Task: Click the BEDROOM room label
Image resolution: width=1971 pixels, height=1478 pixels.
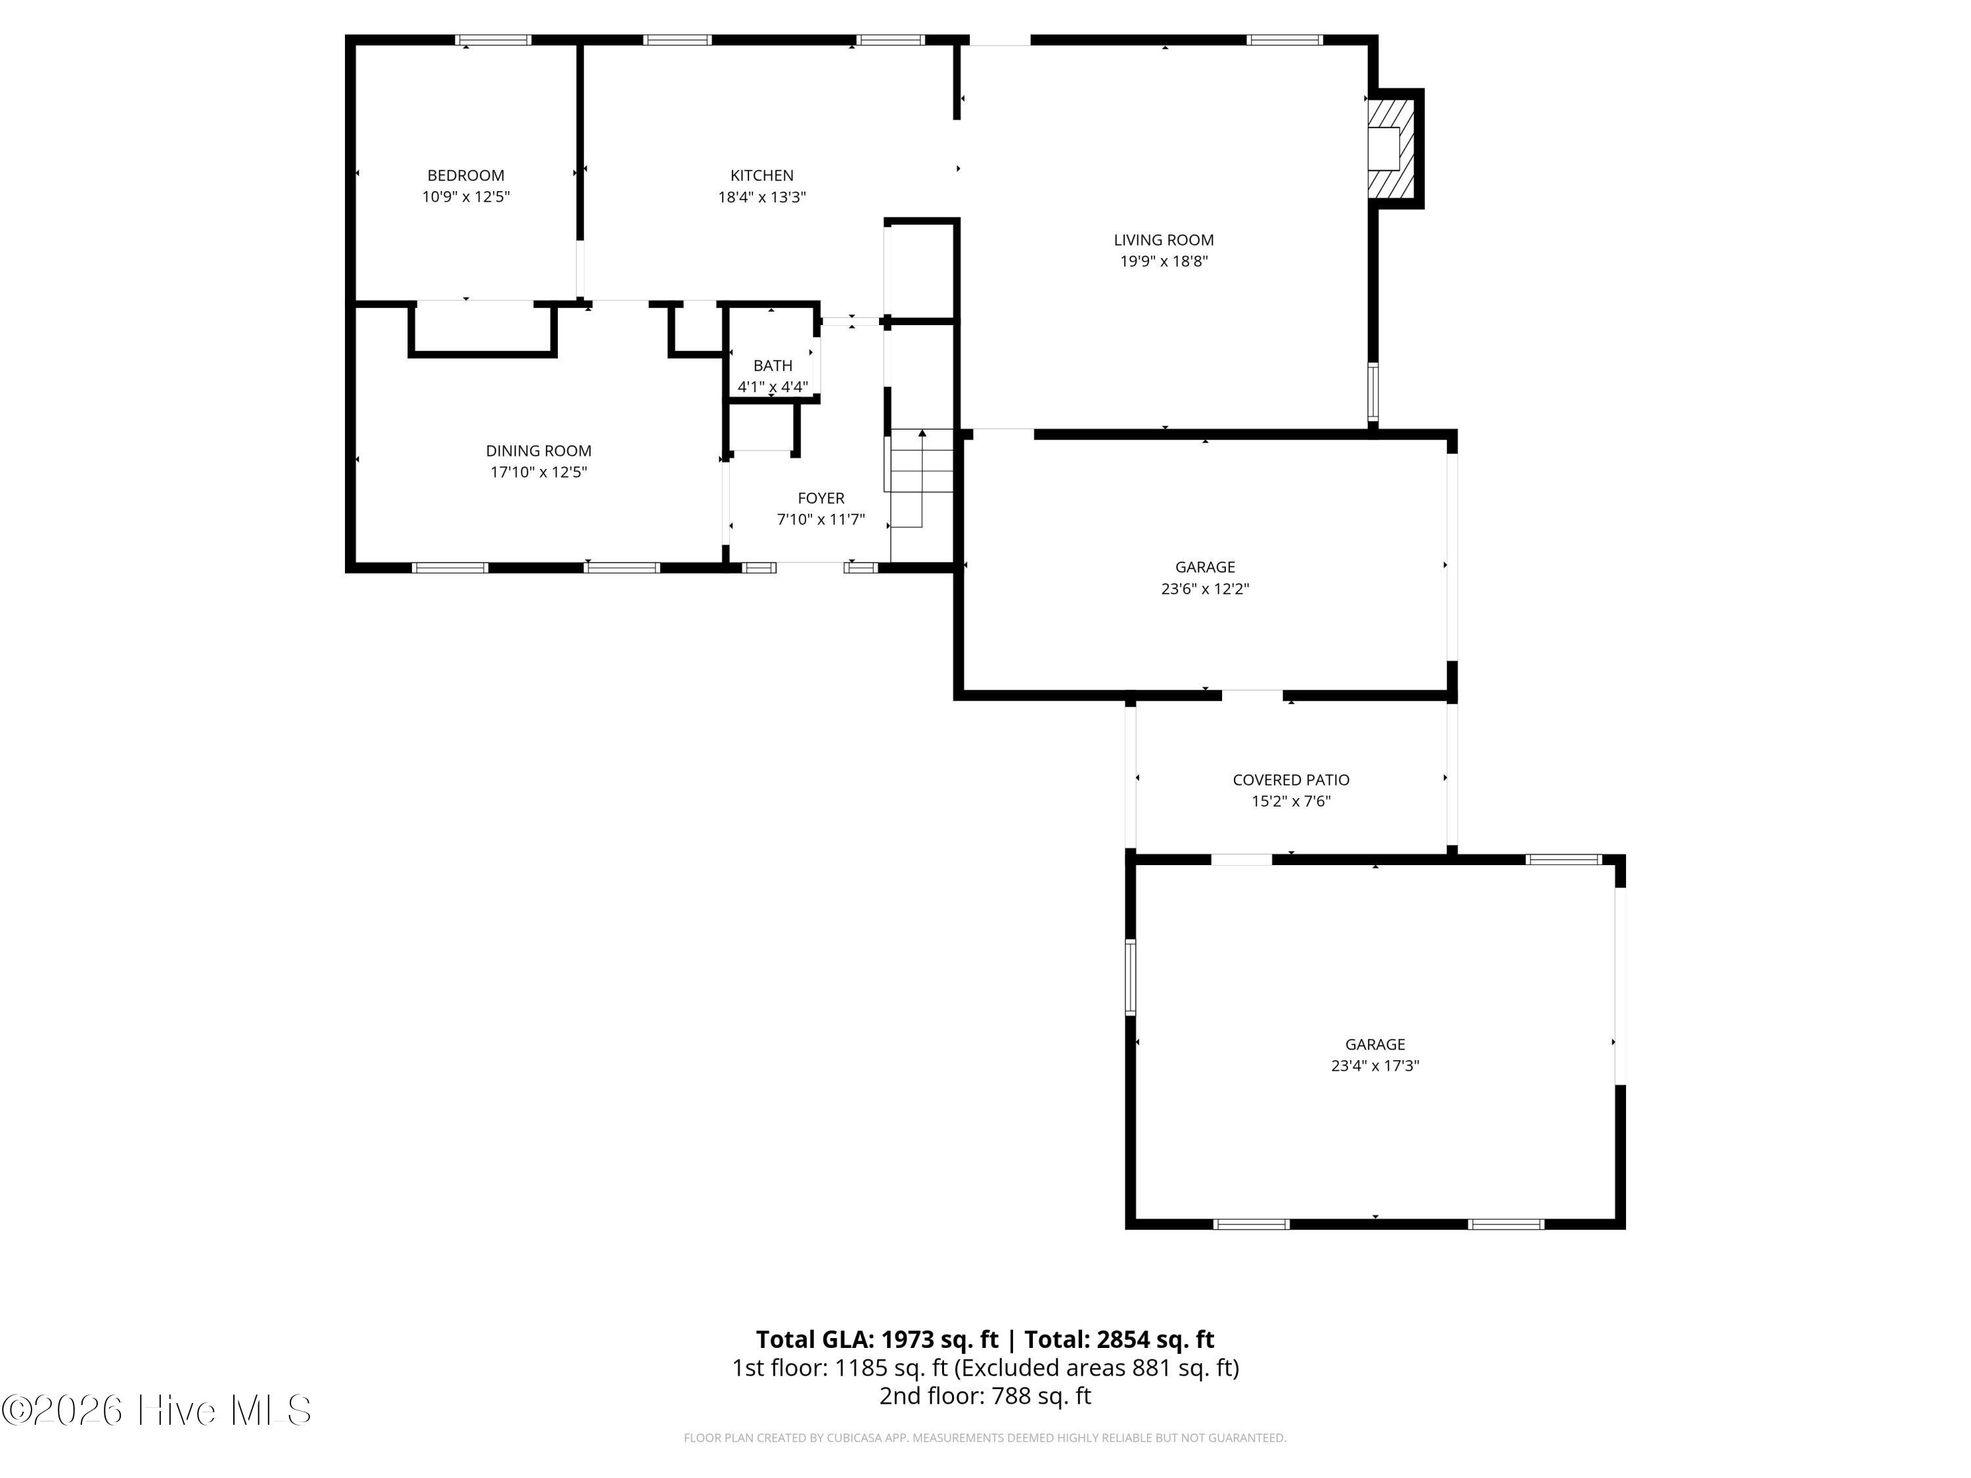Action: pos(465,175)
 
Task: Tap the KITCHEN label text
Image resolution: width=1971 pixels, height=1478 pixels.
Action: pos(762,175)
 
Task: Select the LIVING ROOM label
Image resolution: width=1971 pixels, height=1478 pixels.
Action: pos(1164,240)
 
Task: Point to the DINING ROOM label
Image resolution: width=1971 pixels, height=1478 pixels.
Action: pos(538,451)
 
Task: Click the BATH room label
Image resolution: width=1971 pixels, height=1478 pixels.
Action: pos(773,365)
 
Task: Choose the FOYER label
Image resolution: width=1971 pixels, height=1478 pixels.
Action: pos(821,498)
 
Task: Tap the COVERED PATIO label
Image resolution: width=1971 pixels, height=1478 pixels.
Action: pos(1291,780)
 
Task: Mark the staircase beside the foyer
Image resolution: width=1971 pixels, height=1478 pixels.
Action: pos(920,478)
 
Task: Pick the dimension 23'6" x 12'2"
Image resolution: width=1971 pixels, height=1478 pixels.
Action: pos(1205,589)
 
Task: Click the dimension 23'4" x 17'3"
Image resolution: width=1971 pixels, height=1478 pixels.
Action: pos(1375,1065)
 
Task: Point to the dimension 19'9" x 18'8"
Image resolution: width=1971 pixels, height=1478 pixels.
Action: pos(1164,261)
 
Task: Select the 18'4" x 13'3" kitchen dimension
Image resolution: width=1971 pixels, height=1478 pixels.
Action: pos(762,197)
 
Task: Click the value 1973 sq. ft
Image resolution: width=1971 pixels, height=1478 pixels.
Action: pos(940,1339)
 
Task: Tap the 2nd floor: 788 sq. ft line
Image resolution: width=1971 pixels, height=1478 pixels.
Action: pos(985,1396)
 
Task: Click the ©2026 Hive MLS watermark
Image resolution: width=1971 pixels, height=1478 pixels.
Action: pos(157,1410)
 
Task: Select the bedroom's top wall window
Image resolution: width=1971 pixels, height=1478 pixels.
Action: pos(493,40)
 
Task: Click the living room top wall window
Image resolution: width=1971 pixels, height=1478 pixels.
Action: pos(1284,40)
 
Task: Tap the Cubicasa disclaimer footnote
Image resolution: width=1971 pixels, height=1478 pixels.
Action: pos(985,1438)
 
